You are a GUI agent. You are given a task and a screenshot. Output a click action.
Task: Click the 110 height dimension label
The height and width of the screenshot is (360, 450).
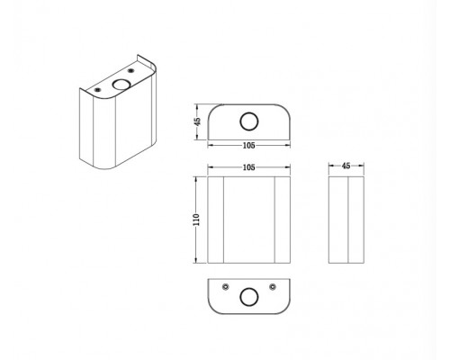[x=196, y=220]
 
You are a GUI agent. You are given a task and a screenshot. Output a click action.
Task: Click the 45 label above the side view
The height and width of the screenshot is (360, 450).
[x=346, y=166]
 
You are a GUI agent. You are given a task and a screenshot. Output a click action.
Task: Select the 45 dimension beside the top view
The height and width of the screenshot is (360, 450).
[x=197, y=121]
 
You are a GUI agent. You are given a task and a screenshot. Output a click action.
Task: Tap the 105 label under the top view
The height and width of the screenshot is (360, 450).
[x=248, y=146]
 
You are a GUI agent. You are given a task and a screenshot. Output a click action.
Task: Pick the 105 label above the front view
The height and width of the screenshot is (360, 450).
[x=248, y=167]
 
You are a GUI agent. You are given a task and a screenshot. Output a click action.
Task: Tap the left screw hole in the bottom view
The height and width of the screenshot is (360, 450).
[x=226, y=287]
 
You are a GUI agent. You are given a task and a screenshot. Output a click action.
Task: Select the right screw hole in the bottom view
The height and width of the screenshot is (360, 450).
[x=273, y=287]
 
